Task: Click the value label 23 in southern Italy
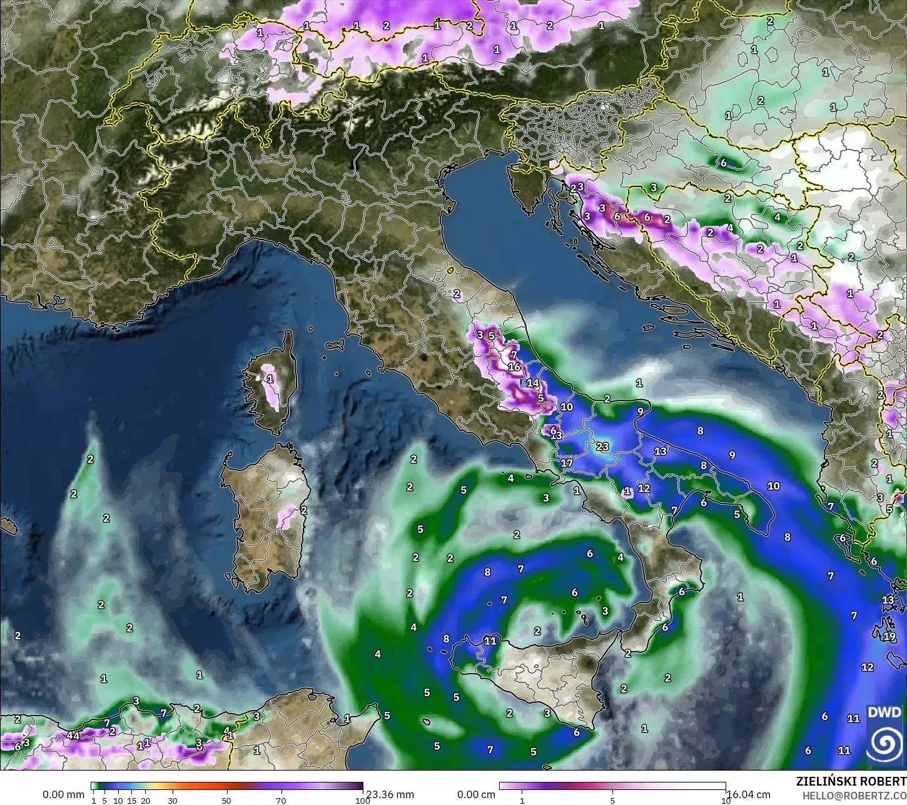tap(602, 447)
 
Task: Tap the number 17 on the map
tap(567, 463)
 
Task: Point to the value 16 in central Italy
tap(515, 367)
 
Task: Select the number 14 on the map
tap(533, 383)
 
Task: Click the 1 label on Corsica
tap(270, 379)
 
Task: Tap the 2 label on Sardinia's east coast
tap(303, 510)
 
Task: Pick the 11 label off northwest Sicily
tap(490, 641)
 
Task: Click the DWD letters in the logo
tap(884, 713)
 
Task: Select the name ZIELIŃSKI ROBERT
tap(851, 782)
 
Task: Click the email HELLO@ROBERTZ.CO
tap(854, 796)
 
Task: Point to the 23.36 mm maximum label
tap(390, 795)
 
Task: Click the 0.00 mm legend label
tap(63, 795)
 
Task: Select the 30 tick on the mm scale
tap(173, 801)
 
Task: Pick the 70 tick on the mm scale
tap(281, 801)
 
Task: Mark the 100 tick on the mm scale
tap(358, 801)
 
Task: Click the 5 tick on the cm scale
tap(612, 801)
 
